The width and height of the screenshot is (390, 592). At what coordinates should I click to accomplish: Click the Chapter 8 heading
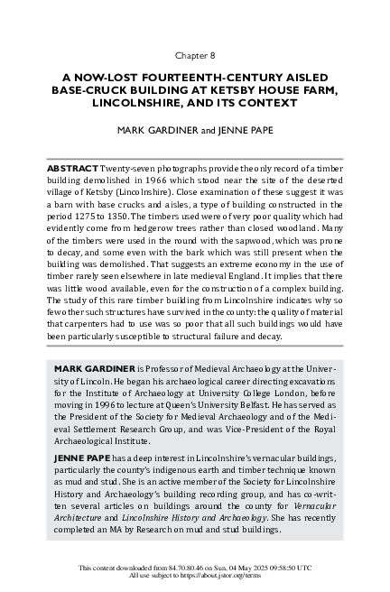(194, 53)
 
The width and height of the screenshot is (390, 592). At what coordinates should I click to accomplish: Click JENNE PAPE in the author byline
(245, 130)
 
